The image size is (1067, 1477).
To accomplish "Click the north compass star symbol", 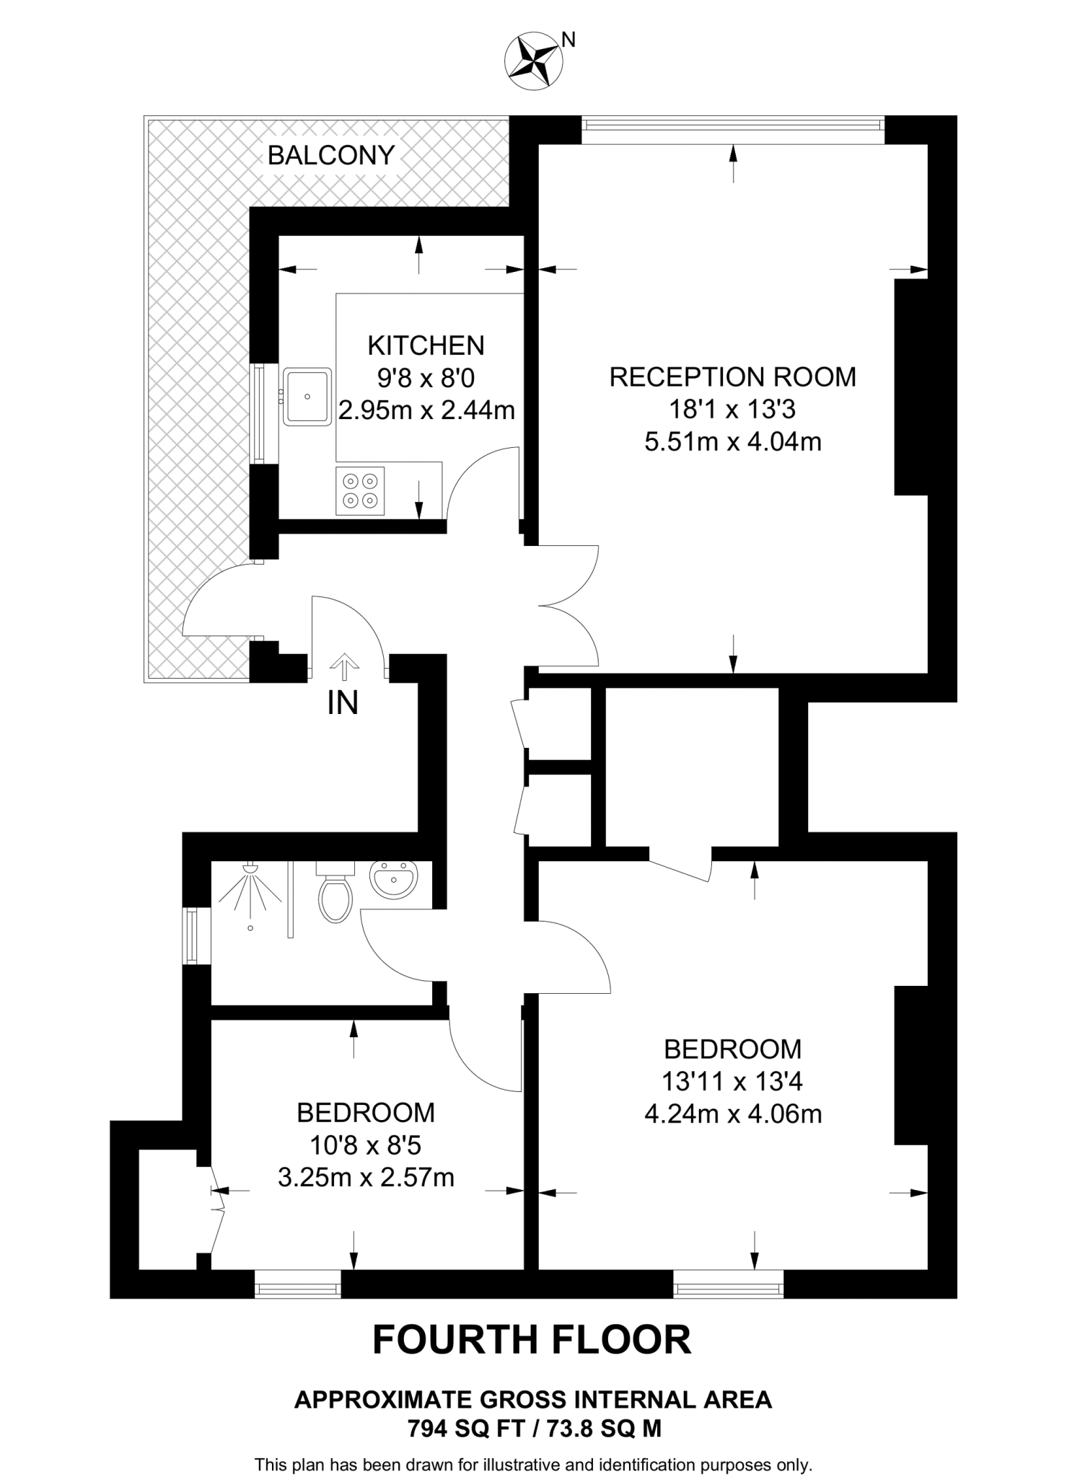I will coord(534,62).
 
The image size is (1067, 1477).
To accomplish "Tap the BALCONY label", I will coord(331,155).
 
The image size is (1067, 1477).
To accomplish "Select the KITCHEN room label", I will coord(426,345).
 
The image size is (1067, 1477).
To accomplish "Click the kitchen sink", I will coord(307,396).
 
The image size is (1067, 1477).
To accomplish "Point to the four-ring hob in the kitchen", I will coord(360,490).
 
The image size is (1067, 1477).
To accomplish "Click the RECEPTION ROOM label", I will coord(732,377).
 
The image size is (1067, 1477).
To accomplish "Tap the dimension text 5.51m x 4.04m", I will coord(732,441).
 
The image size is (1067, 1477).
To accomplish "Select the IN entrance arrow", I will coord(344,666).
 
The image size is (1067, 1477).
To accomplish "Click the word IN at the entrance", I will coord(343,703).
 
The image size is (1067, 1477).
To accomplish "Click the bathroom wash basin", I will coord(393,880).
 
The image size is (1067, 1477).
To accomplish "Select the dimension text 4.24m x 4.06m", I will coord(732,1114).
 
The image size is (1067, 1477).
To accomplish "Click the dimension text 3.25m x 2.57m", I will coord(366,1178).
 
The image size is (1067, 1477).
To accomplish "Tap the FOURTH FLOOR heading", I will coord(532,1339).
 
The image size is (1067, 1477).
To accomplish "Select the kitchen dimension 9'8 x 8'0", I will coord(426,378).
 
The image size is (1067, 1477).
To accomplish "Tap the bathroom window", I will coord(192,936).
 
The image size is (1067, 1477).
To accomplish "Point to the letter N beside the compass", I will coord(568,40).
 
